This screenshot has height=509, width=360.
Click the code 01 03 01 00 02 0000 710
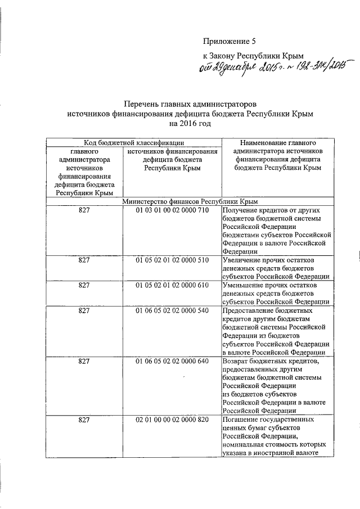[172, 210]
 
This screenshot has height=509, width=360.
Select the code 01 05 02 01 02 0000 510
[172, 261]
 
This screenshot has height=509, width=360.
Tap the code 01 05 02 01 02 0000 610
[172, 286]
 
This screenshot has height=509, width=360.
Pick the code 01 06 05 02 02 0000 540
[172, 311]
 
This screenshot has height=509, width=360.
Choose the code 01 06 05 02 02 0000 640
[172, 361]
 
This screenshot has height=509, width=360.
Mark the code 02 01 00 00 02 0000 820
[172, 420]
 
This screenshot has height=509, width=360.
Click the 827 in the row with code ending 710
[84, 210]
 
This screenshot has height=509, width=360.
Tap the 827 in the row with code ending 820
[84, 420]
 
